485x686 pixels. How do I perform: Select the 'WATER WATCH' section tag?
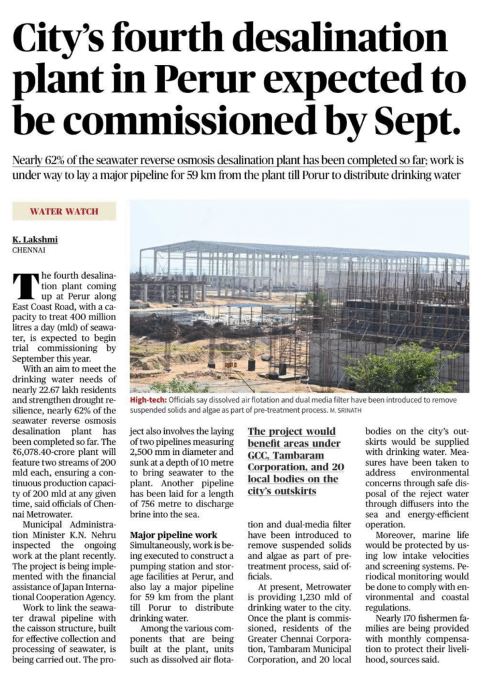[64, 212]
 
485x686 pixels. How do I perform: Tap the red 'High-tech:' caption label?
[149, 399]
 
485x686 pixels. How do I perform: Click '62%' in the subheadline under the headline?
[58, 161]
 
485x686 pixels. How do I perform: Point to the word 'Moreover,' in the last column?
[396, 535]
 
